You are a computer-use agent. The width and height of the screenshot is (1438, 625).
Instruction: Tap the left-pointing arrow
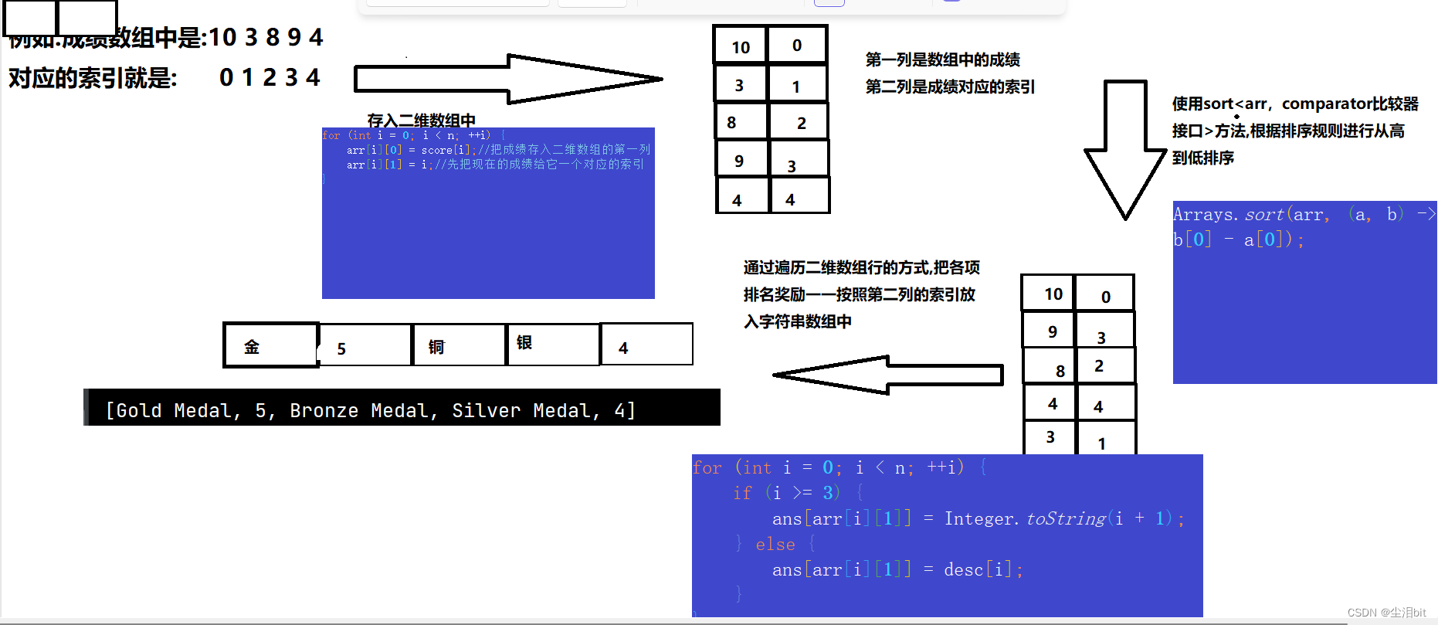pos(888,375)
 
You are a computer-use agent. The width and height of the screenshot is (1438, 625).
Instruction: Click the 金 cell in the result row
pos(271,345)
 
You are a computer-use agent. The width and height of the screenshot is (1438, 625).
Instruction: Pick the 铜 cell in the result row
pos(459,345)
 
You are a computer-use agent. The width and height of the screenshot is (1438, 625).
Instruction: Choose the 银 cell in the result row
pos(553,344)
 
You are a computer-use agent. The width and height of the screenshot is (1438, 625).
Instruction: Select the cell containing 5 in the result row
pos(365,346)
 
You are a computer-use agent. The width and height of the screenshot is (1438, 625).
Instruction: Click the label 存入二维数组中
pos(421,120)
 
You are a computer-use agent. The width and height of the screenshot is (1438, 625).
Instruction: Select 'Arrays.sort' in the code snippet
pos(1228,215)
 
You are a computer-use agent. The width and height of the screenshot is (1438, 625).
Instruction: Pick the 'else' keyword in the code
pos(775,545)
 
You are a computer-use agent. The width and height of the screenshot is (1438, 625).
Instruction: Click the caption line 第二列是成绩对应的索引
pos(950,87)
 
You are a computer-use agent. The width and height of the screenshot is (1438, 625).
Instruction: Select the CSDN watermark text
pos(1386,613)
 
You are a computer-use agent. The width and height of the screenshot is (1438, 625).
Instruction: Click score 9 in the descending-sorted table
pos(1052,331)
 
